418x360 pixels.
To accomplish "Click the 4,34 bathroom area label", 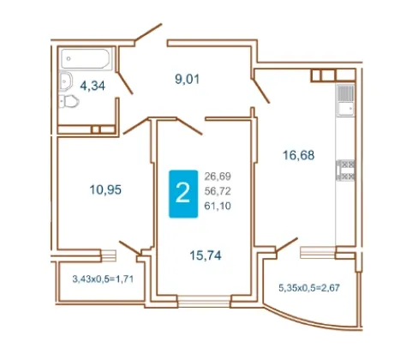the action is point(93,86).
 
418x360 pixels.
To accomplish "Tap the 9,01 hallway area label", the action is point(188,79).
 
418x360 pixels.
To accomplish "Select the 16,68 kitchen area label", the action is point(298,155).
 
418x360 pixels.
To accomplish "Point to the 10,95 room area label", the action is point(105,189).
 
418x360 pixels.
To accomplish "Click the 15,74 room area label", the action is point(206,255).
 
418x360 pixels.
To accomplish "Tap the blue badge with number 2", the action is point(183,194).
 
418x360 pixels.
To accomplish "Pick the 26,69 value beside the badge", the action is point(218,177).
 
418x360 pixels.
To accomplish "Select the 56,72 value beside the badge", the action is point(218,191).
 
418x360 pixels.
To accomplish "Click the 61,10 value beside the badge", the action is point(218,206).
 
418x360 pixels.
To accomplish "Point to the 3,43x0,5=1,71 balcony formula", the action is point(103,279).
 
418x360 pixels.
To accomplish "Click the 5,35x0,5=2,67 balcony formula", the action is point(309,288).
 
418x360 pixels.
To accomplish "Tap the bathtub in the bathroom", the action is point(86,59).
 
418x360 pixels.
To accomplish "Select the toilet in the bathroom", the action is point(69,101).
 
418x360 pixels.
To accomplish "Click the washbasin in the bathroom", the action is point(66,81).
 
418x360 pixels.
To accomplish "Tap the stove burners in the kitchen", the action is point(346,171).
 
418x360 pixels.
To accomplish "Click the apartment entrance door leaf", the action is point(148,32).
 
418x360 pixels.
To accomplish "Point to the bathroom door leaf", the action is point(125,83).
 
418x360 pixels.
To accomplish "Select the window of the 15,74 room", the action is point(204,302).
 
